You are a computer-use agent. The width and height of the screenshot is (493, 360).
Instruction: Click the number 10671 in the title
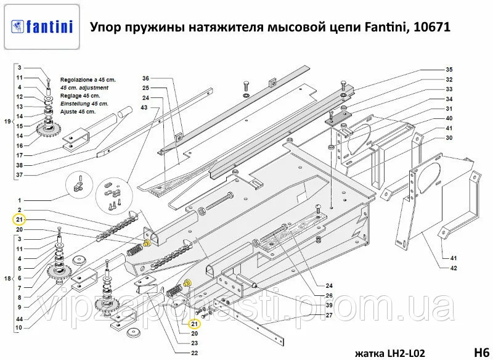coord(430,27)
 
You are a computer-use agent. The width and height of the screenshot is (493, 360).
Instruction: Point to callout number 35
coord(449,69)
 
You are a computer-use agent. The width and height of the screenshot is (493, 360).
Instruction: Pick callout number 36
coord(145,78)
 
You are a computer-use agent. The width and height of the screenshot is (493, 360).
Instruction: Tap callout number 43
coord(145,108)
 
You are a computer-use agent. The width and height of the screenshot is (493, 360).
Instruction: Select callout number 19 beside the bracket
coord(7,121)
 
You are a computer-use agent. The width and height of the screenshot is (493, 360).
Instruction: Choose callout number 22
coord(195,353)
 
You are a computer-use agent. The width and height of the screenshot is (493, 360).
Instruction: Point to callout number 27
coord(330,315)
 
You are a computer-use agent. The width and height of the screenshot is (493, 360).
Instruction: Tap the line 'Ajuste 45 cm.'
coord(78,112)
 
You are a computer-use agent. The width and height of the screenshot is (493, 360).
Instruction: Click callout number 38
coord(19,165)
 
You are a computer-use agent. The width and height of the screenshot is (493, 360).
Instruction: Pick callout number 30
coord(449,138)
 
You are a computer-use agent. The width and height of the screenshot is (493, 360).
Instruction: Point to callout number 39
coord(330,305)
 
